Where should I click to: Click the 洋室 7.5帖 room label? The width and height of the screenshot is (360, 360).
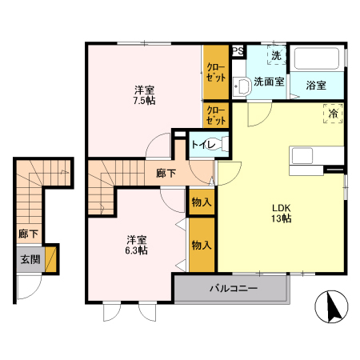click(x=144, y=95)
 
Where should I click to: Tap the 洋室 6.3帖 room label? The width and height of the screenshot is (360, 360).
click(x=136, y=245)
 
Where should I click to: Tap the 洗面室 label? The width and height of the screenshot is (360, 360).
click(x=270, y=82)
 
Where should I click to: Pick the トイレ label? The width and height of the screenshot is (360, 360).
click(x=201, y=146)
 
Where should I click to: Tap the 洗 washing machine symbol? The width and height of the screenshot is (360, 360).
click(x=276, y=56)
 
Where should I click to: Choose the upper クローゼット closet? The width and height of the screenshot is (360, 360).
click(x=215, y=74)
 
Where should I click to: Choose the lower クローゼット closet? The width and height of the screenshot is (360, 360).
click(x=215, y=115)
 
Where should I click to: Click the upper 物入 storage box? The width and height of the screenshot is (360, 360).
click(x=201, y=202)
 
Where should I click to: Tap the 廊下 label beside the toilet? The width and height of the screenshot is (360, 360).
click(x=166, y=172)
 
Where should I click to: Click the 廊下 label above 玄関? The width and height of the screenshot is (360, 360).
click(x=28, y=235)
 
